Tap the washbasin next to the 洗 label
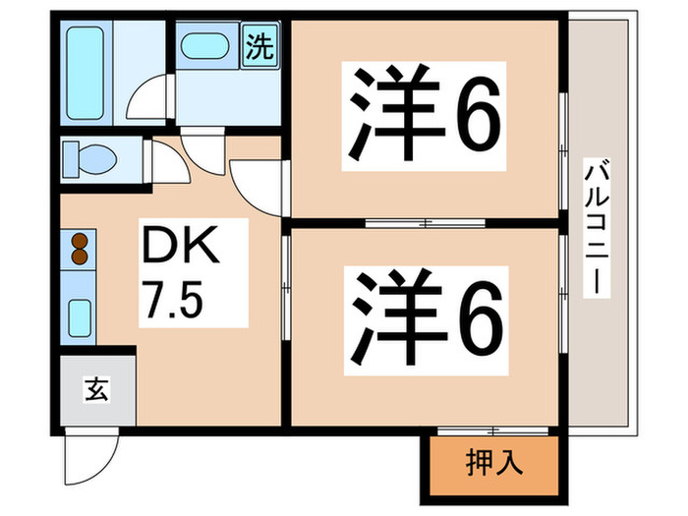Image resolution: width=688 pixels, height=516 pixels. click(x=207, y=46)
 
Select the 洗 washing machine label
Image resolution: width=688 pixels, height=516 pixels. click(x=258, y=46)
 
